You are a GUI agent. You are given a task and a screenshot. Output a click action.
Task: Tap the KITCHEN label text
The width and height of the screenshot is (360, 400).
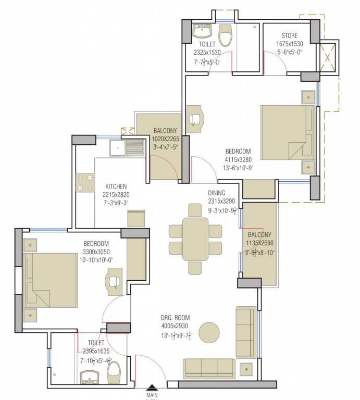click(x=116, y=186)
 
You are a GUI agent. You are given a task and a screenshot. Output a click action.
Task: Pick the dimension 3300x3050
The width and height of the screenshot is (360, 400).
click(x=96, y=252)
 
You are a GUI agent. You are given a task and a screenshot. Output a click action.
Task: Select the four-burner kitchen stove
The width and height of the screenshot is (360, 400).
click(x=85, y=183)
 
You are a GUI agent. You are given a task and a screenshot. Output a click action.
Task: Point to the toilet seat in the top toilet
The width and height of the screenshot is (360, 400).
click(x=225, y=35)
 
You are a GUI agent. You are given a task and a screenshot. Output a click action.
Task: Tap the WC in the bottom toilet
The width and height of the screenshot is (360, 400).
click(x=114, y=370)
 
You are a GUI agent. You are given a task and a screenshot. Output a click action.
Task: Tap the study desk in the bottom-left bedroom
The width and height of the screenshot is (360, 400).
click(x=115, y=280)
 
